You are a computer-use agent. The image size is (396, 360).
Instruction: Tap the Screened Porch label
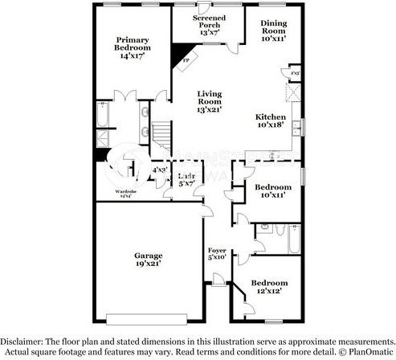[210, 26]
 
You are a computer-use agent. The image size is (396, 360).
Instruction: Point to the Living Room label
[210, 101]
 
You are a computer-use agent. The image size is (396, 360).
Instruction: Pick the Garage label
[149, 259]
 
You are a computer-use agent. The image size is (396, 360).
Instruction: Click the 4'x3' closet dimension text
[158, 170]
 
